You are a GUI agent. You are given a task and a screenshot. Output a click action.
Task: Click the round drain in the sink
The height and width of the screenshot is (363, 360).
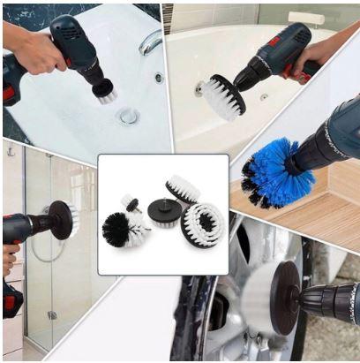click(x=130, y=115)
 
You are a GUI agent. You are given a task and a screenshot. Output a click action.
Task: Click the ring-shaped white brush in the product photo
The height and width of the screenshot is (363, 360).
click(x=204, y=224)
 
